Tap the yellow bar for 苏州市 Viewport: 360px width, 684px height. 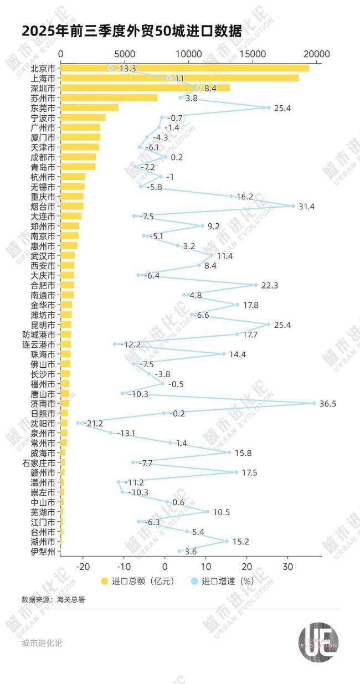(109, 97)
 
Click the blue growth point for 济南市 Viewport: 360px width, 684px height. (314, 403)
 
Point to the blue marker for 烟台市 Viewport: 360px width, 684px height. (293, 206)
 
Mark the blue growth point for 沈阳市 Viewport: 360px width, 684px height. (78, 423)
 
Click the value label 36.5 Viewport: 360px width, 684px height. (328, 404)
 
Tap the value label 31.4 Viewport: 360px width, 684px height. (306, 207)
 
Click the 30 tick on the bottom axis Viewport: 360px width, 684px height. (287, 567)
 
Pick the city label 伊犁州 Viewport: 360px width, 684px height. (43, 552)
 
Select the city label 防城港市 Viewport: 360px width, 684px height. (39, 335)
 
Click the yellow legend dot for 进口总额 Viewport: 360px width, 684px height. (104, 581)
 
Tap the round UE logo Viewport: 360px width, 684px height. (318, 642)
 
